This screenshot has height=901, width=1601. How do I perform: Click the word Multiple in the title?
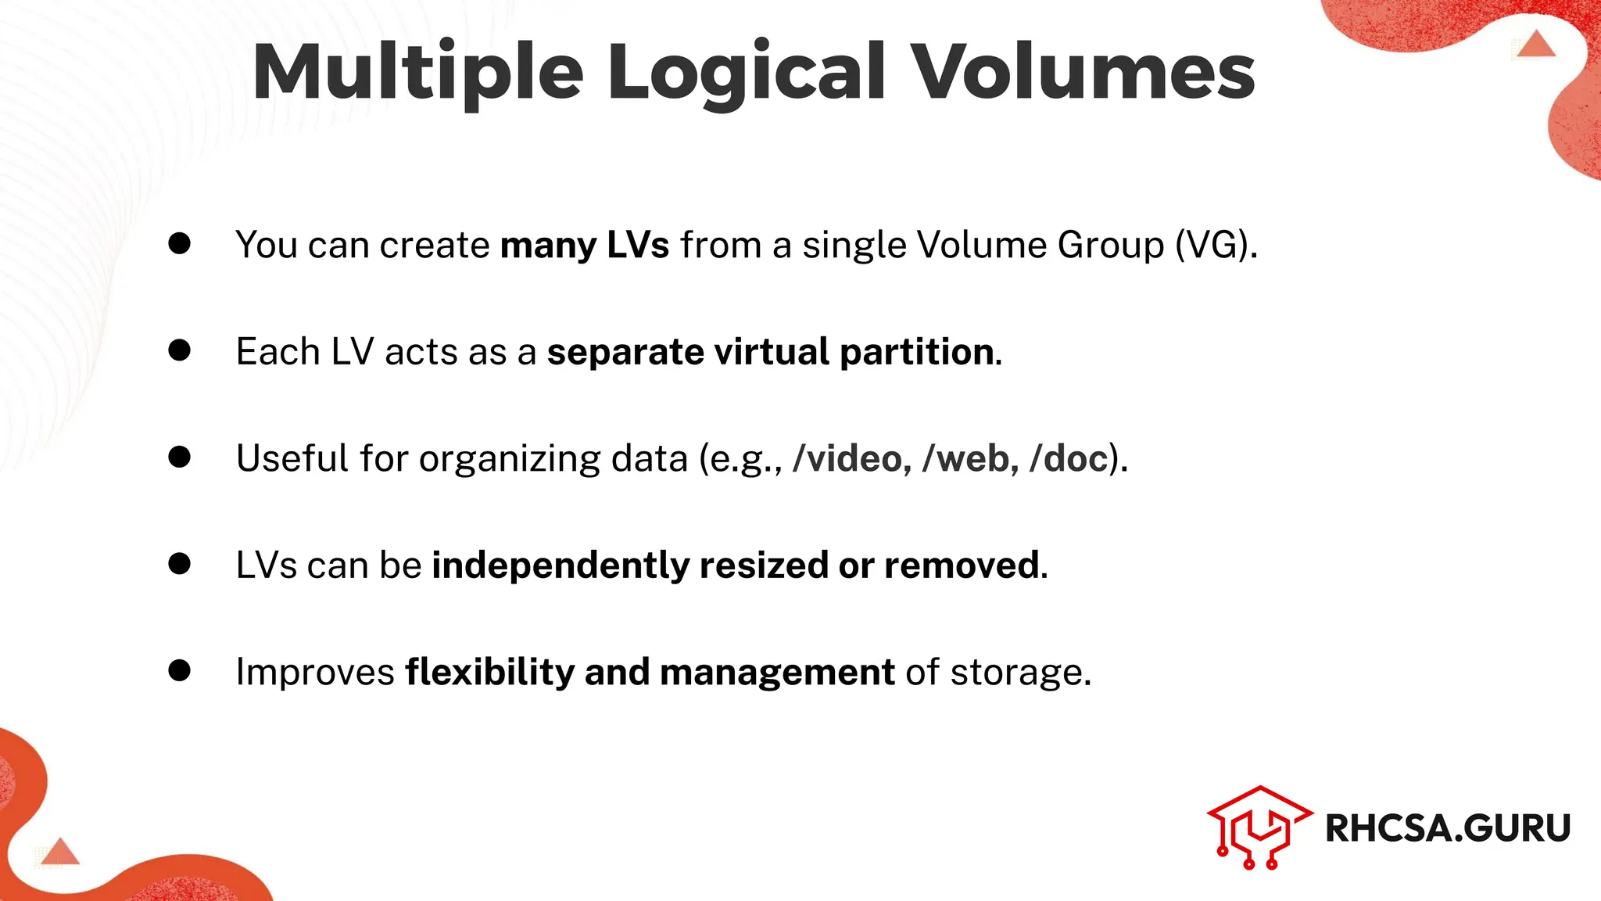tap(418, 72)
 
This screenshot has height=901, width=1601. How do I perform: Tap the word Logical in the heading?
tap(747, 72)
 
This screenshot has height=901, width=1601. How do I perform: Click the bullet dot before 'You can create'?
tap(180, 243)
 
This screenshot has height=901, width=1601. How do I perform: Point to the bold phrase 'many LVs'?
tap(584, 245)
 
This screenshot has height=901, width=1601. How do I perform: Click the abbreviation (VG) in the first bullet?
tap(1216, 245)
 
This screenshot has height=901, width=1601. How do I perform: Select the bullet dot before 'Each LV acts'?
tap(180, 350)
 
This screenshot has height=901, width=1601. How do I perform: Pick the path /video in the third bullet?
tap(851, 458)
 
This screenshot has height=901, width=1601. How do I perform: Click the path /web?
tap(969, 458)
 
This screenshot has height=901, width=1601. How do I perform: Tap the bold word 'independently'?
tap(561, 565)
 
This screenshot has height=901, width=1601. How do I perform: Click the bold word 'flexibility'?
tap(489, 672)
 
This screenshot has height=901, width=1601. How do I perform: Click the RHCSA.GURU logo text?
tap(1447, 828)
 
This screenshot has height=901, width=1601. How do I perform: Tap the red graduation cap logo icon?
tap(1259, 827)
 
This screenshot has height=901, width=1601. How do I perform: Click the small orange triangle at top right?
tap(1536, 45)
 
